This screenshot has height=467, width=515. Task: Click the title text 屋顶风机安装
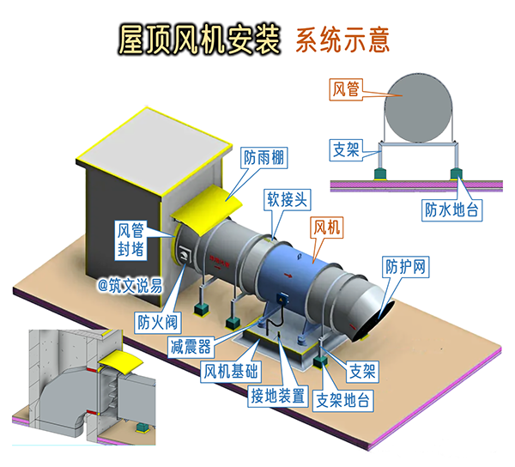pos(199,39)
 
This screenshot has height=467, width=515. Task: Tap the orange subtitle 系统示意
pos(343,39)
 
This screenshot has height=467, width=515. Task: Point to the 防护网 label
pos(406,265)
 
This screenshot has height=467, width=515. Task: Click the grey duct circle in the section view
pos(418,105)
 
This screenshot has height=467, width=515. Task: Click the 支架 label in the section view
pos(346,149)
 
